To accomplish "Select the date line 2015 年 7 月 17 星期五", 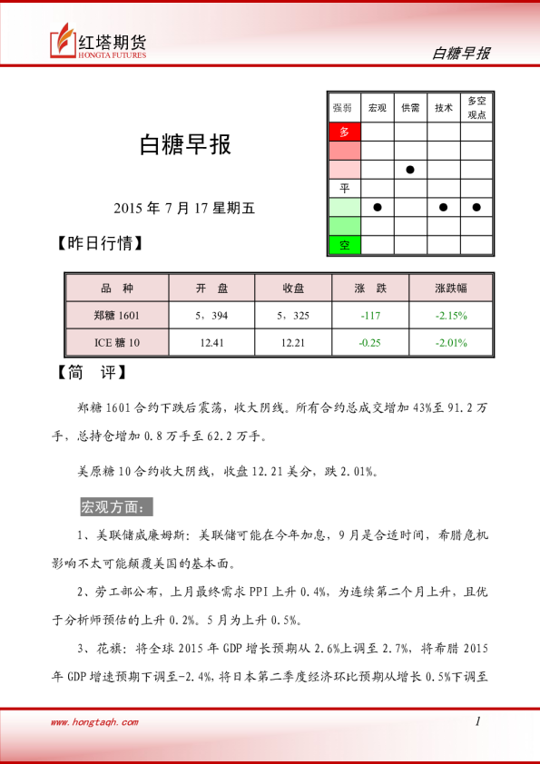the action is [x=185, y=208].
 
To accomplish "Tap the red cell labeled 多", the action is [x=344, y=132].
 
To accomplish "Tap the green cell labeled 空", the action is [x=344, y=245].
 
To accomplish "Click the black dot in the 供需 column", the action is [x=410, y=170].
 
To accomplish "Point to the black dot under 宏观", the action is [x=378, y=207].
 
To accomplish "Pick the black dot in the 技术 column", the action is [x=443, y=207].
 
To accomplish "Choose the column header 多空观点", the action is [x=476, y=108].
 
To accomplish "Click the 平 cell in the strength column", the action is [x=344, y=188].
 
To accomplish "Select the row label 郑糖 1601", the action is [x=117, y=316].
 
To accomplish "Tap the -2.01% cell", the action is [x=450, y=343].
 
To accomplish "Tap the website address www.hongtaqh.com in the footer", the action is [x=94, y=722].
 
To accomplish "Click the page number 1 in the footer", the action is [x=477, y=721].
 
